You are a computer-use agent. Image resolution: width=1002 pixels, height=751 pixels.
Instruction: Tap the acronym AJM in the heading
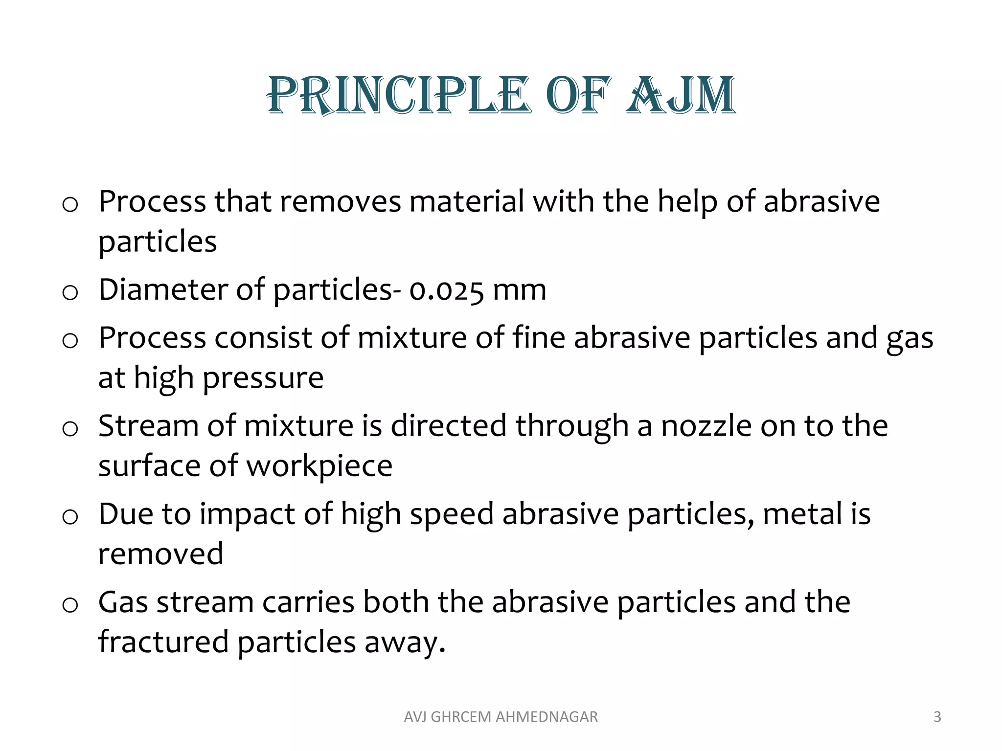681,95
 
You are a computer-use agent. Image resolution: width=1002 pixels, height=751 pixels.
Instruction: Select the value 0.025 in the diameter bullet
446,290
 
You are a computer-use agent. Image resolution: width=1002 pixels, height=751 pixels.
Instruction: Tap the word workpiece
319,466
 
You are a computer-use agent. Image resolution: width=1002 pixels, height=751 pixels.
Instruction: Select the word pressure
263,378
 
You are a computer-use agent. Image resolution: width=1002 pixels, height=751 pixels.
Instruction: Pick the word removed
160,554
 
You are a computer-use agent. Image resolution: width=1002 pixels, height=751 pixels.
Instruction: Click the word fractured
163,641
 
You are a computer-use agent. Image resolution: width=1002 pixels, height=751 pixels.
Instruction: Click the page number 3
937,717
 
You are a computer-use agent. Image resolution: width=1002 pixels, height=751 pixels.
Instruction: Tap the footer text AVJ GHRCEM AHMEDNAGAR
501,717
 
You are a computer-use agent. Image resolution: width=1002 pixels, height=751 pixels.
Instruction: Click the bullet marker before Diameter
70,293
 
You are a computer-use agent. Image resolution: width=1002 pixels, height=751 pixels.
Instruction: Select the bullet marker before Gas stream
70,605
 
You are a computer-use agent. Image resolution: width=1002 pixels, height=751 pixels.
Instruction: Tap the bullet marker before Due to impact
70,517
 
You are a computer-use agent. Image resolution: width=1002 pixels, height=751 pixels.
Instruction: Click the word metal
797,514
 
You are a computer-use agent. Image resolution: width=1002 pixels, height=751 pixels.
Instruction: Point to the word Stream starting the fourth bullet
148,425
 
